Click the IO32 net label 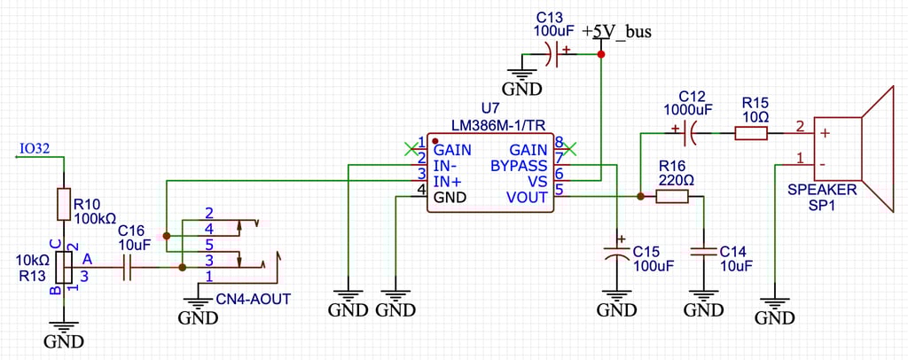point(34,149)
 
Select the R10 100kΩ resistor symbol point(63,204)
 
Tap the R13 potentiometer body point(63,266)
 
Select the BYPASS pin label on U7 point(519,165)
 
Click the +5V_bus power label point(617,33)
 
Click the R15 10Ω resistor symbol point(750,134)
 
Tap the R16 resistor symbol point(671,196)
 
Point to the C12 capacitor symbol point(692,134)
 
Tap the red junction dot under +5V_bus point(601,55)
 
